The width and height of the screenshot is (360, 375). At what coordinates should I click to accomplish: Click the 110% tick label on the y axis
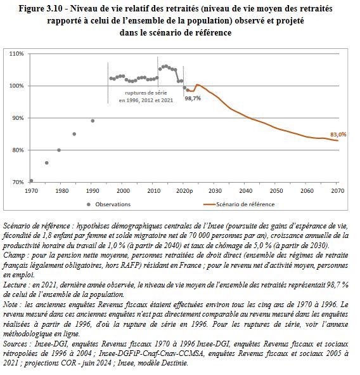coord(16,54)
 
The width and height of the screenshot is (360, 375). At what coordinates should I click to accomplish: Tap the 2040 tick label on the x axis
coord(245,190)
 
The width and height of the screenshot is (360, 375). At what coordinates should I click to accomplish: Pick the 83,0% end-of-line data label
coord(338,135)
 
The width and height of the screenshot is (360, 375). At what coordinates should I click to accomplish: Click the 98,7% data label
coord(193,98)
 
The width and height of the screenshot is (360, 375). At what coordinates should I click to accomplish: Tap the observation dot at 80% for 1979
coord(59,150)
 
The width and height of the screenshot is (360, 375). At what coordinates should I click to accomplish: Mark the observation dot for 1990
coord(93,121)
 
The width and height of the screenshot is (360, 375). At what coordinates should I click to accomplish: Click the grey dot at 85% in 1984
coord(74,134)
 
